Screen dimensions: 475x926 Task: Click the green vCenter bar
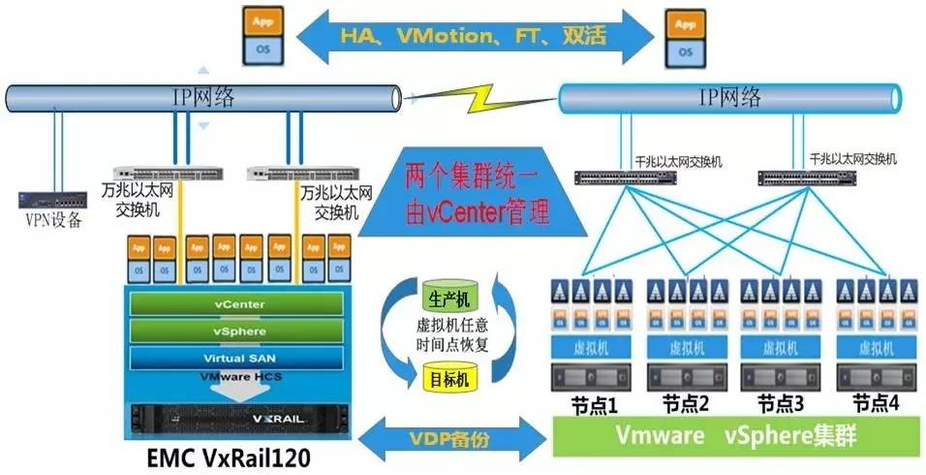(238, 304)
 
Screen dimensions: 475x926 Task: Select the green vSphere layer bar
(238, 331)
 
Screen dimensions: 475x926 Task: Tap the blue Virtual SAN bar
(238, 358)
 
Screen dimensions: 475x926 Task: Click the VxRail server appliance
(238, 419)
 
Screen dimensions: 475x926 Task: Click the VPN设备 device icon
(45, 201)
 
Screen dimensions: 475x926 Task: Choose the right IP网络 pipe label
(729, 97)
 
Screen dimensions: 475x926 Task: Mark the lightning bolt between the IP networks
(481, 100)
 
